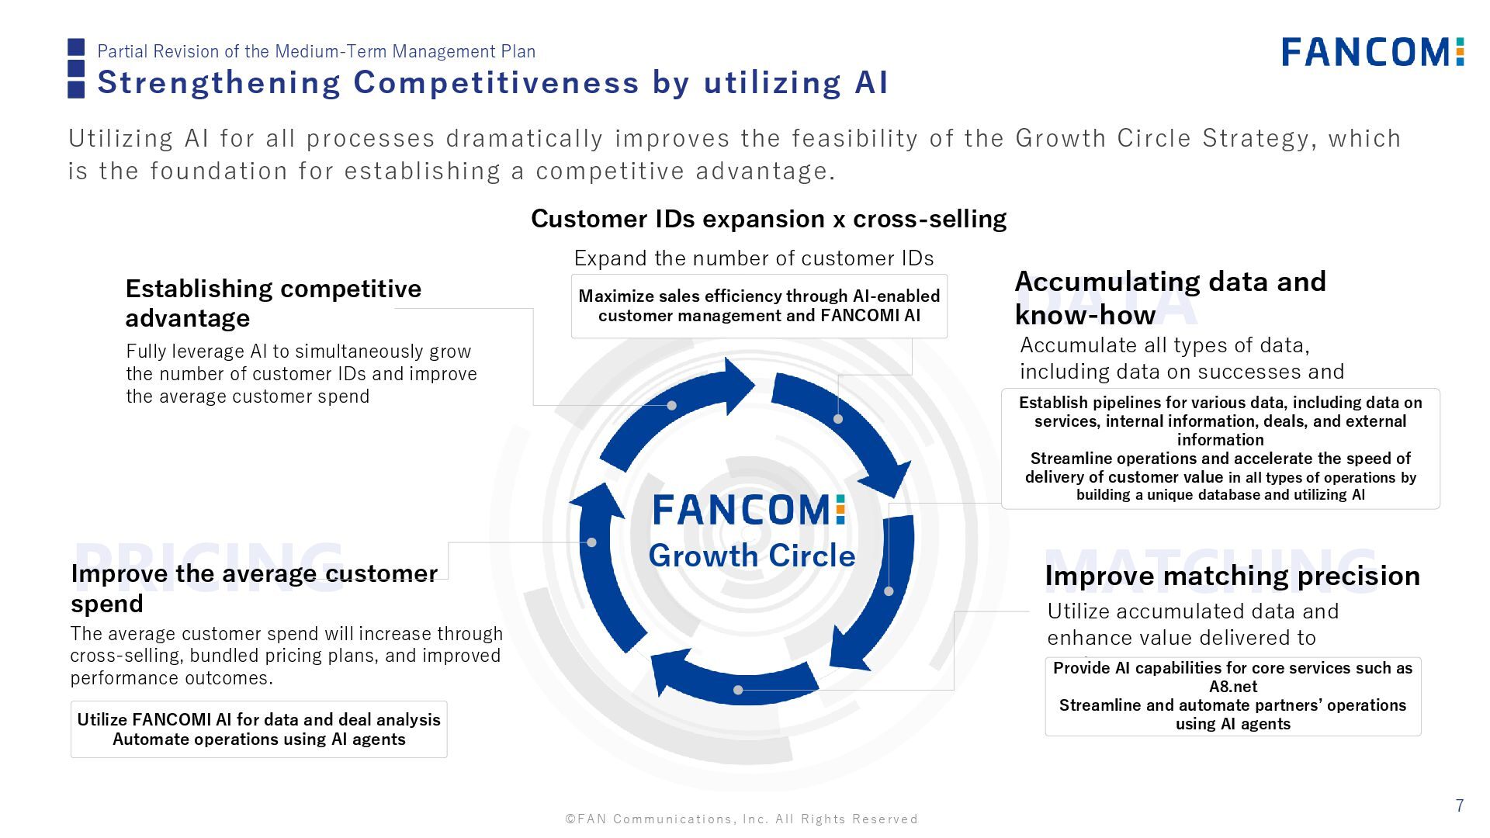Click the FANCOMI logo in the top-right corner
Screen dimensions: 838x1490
pyautogui.click(x=1372, y=52)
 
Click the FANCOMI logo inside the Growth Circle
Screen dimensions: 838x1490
pyautogui.click(x=749, y=511)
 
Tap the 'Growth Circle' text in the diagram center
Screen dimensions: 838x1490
pyautogui.click(x=751, y=556)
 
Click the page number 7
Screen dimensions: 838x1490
pyautogui.click(x=1460, y=805)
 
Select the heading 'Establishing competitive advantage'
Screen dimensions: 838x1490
pyautogui.click(x=273, y=303)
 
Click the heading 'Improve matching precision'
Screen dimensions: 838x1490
pyautogui.click(x=1232, y=576)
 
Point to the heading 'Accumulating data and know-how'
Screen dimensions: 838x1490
pyautogui.click(x=1170, y=298)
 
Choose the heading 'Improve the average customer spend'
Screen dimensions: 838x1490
pyautogui.click(x=254, y=588)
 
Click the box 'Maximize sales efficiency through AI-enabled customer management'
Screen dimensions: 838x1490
pyautogui.click(x=759, y=306)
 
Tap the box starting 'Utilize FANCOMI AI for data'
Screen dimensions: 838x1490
pyautogui.click(x=258, y=729)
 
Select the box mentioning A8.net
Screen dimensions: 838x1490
pyautogui.click(x=1232, y=696)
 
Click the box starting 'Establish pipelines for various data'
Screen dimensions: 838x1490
pyautogui.click(x=1220, y=448)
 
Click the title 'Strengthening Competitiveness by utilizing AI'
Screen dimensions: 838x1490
pyautogui.click(x=493, y=82)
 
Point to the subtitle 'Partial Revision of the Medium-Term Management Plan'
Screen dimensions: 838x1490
pyautogui.click(x=316, y=51)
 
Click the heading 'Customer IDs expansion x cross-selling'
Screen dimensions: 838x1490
pyautogui.click(x=768, y=219)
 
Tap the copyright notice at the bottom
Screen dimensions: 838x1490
pyautogui.click(x=741, y=819)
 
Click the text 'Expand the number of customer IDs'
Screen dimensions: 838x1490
pyautogui.click(x=754, y=258)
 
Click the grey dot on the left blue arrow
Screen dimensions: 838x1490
pyautogui.click(x=592, y=542)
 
